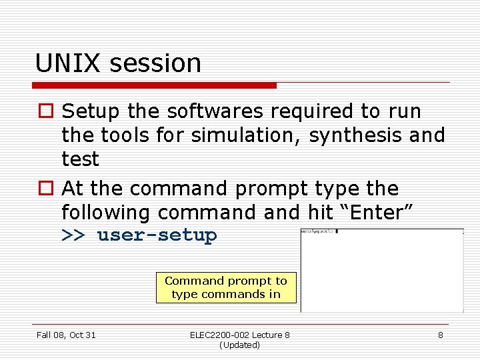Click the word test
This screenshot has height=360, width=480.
[80, 159]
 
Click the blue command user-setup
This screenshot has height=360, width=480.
[157, 235]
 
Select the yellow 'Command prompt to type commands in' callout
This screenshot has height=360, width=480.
[226, 287]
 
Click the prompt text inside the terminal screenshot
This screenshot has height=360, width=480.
[318, 231]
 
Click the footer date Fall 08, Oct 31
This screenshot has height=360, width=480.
[66, 335]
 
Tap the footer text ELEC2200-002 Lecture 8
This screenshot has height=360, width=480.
[240, 335]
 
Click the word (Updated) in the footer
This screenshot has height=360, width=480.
[239, 345]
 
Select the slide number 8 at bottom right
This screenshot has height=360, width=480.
[440, 335]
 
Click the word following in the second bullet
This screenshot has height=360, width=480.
[107, 213]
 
